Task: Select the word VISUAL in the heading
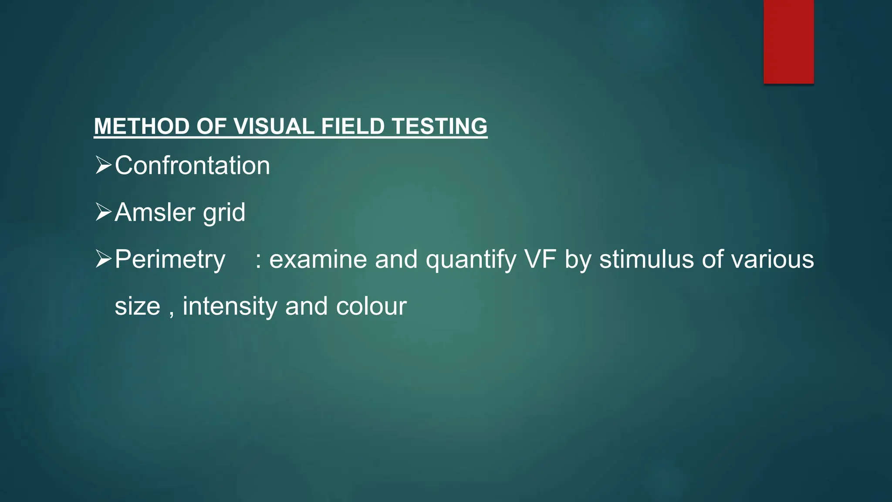coord(274,126)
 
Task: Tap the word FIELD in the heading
coord(353,126)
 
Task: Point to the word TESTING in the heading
coord(439,126)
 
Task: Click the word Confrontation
coord(192,166)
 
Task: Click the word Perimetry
coord(170,260)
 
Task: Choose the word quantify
coord(471,260)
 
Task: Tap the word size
coord(137,306)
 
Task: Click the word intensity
coord(230,306)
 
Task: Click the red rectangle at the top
coord(788,41)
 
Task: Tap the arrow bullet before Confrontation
coord(103,166)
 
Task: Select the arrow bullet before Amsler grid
coord(103,212)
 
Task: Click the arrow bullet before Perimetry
coord(103,259)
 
